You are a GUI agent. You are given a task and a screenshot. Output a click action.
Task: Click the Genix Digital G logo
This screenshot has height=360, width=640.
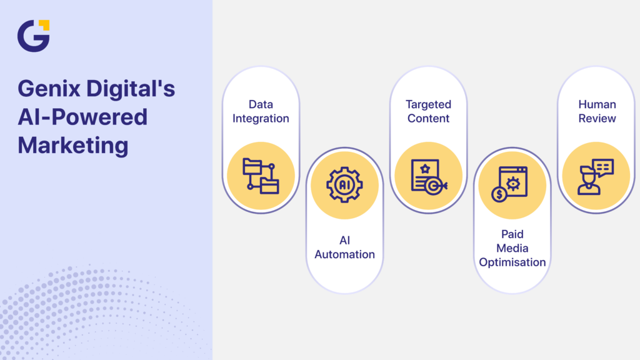(x=32, y=36)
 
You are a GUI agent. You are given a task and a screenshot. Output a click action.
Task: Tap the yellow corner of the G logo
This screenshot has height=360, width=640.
(x=43, y=25)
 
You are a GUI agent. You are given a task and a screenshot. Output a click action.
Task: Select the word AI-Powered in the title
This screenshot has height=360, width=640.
(x=82, y=117)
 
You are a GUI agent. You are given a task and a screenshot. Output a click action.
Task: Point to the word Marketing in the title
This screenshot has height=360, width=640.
(x=73, y=146)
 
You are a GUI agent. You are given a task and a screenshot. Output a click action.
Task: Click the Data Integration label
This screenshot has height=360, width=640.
(x=261, y=111)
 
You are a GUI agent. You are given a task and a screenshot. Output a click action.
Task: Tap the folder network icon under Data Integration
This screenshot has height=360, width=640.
(x=261, y=176)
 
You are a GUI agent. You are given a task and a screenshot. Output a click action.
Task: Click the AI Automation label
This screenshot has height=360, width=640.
(x=344, y=247)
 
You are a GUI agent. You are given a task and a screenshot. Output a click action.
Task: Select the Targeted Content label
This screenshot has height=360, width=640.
(x=428, y=111)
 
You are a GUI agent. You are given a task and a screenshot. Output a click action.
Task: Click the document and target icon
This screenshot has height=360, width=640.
(x=428, y=176)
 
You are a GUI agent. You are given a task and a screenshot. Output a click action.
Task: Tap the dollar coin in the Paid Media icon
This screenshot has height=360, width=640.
(x=499, y=194)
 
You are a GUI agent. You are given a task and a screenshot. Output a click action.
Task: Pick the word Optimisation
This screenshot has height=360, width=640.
(x=512, y=262)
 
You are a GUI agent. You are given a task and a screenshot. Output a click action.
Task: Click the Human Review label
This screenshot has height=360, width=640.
(x=597, y=111)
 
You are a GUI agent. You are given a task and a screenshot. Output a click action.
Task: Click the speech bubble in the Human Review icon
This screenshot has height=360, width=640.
(x=603, y=167)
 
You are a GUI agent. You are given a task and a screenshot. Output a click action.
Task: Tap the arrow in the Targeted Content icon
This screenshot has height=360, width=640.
(x=441, y=186)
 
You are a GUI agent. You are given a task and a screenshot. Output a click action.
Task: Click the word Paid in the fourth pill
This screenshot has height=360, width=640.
(x=512, y=234)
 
